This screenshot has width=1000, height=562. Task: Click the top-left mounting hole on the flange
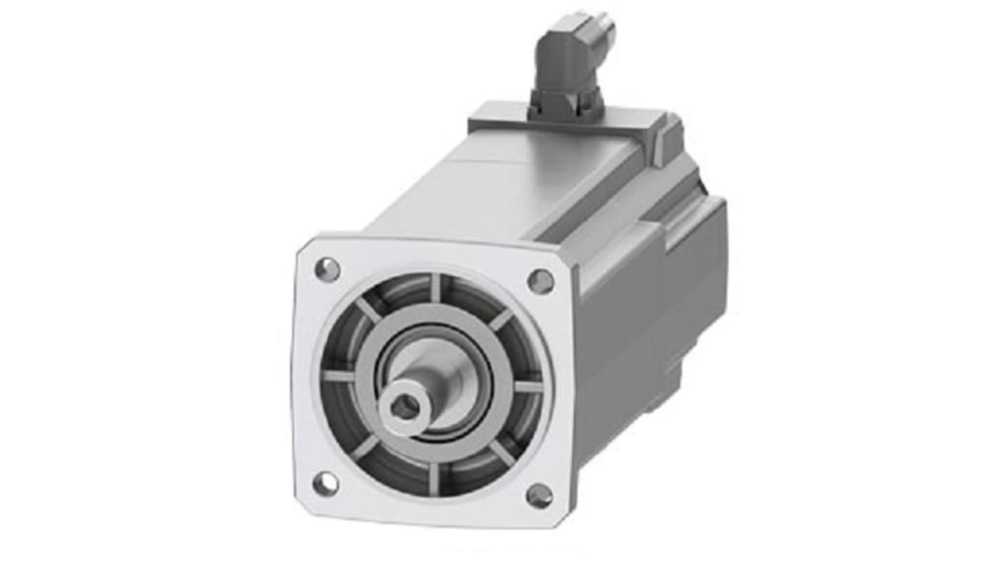327,269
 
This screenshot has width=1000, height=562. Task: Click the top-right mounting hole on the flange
540,281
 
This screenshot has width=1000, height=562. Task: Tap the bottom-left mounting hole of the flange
325,483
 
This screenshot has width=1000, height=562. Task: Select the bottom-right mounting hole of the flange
539,495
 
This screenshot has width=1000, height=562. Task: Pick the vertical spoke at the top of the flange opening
435,287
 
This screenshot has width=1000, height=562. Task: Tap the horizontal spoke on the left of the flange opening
338,376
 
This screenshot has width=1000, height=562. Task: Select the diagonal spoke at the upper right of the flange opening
501,319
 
